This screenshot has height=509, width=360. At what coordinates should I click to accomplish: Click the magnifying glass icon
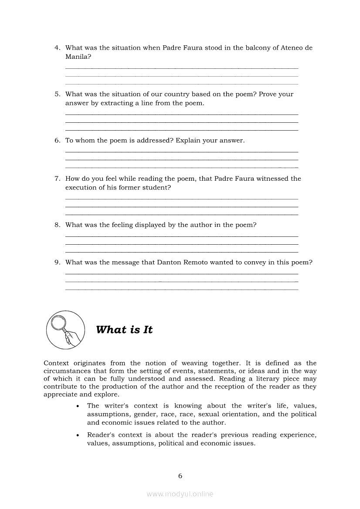pyautogui.click(x=65, y=330)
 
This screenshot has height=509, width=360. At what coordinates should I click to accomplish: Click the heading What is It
pyautogui.click(x=124, y=330)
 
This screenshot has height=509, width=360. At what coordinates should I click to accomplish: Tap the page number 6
pyautogui.click(x=180, y=475)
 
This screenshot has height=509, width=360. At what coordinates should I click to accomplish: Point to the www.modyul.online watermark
pyautogui.click(x=180, y=494)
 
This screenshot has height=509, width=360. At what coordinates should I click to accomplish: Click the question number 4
pyautogui.click(x=57, y=48)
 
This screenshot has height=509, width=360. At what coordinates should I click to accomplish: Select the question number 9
pyautogui.click(x=57, y=263)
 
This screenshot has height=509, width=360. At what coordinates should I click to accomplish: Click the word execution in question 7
pyautogui.click(x=80, y=188)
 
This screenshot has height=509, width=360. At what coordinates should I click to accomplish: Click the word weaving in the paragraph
pyautogui.click(x=194, y=363)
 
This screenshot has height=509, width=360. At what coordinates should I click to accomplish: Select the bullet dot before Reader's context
pyautogui.click(x=78, y=435)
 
